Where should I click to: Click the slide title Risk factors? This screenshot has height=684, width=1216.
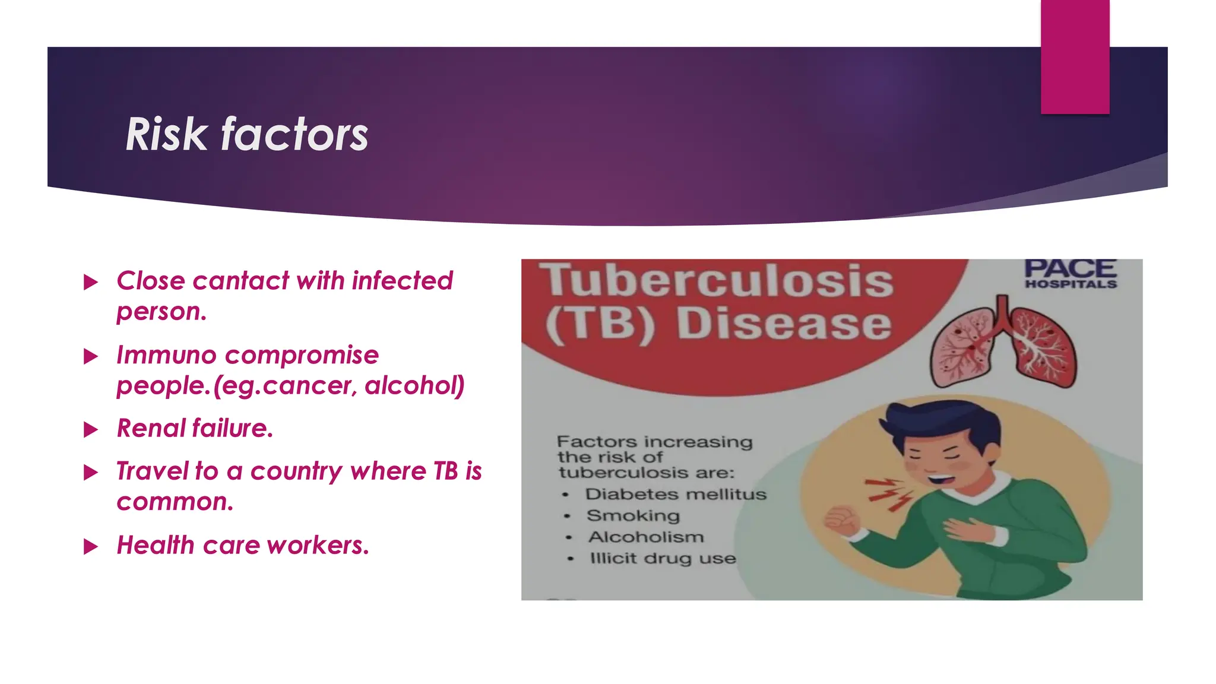(x=246, y=134)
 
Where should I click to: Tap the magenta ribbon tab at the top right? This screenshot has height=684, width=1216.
(x=1075, y=56)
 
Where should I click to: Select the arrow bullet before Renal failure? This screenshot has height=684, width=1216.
(x=91, y=429)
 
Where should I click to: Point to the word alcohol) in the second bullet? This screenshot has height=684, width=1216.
(x=414, y=386)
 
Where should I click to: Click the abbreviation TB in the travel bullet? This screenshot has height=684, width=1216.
(x=445, y=471)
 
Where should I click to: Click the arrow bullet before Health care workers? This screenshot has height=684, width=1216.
(x=91, y=546)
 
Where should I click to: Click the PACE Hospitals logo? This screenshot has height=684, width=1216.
(x=1071, y=273)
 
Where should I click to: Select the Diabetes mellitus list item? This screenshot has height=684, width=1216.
(x=675, y=494)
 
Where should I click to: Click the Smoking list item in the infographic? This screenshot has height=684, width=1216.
(x=632, y=515)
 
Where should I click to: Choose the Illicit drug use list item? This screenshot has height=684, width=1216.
(x=662, y=558)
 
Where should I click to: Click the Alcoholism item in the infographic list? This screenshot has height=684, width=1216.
(x=645, y=537)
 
